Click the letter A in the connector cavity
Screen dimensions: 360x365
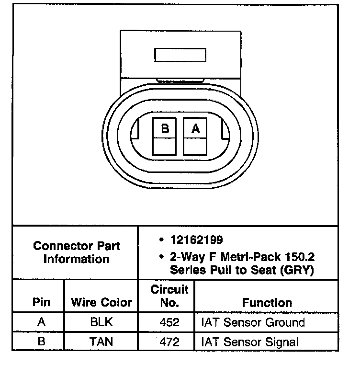(195, 128)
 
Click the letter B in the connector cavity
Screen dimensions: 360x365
(165, 128)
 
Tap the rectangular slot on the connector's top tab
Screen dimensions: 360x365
(176, 55)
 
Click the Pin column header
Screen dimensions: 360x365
(41, 303)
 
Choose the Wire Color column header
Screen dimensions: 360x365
(101, 303)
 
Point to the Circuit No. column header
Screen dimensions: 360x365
(170, 296)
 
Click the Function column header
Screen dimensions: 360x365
(267, 303)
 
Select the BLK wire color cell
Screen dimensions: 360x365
(101, 322)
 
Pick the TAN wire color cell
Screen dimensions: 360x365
(101, 342)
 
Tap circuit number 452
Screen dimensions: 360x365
(169, 322)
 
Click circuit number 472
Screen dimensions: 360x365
(169, 342)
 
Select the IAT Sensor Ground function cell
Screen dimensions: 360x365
(253, 322)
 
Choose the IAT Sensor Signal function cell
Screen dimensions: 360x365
(249, 342)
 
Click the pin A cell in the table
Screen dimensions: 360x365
(41, 322)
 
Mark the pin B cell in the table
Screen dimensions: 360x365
(41, 342)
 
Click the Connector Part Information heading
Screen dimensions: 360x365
(77, 252)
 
